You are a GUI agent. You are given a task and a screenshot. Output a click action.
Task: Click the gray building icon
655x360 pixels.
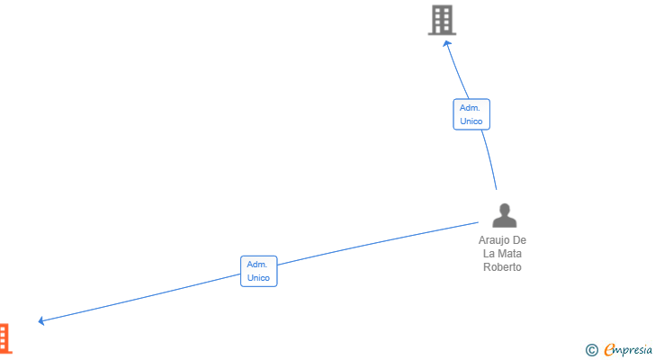pos(442,20)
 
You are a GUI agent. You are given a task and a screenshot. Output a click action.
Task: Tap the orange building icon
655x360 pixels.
pos(5,338)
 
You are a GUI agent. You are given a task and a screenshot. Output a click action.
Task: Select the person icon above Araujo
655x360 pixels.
pos(505,215)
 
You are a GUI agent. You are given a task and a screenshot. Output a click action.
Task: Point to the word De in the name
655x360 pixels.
pos(519,240)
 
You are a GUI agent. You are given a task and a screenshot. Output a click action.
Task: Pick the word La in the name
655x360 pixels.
pos(489,254)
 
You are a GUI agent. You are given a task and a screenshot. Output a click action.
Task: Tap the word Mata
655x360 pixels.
pos(509,254)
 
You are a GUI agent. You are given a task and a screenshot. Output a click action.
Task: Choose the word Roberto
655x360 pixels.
pos(502,267)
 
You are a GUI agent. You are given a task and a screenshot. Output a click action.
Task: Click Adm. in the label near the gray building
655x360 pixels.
pos(470,108)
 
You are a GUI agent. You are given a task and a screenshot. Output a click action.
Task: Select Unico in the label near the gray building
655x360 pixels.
pos(471,121)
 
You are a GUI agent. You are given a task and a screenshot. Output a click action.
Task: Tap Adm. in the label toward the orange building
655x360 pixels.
pos(257,265)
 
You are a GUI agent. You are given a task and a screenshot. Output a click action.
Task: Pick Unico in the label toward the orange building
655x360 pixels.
pos(258,278)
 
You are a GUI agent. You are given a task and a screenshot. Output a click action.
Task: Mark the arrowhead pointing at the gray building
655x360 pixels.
pos(446,43)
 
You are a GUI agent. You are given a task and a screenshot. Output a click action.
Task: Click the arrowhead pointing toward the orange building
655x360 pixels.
pos(41,320)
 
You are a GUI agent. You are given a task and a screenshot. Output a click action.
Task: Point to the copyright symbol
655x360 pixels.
pos(591,350)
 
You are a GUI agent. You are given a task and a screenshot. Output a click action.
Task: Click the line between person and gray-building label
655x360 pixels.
pos(490,159)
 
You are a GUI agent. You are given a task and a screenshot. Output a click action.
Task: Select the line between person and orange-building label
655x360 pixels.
pos(378,243)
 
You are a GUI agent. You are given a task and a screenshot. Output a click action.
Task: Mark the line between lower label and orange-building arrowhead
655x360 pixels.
pos(140,298)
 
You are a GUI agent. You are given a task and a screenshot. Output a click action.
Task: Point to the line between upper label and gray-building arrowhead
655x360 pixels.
pos(457,69)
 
